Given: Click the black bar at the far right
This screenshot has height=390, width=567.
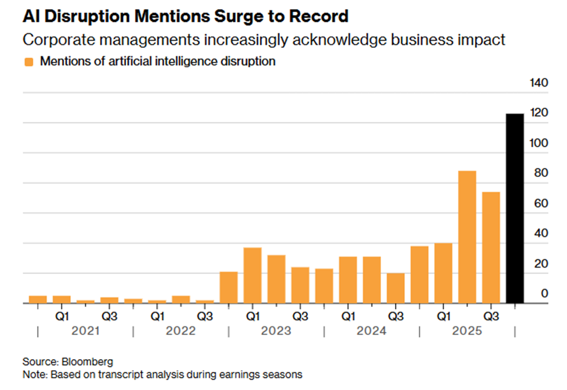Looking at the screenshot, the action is point(514,208).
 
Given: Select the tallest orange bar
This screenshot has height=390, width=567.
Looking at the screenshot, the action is point(467,237).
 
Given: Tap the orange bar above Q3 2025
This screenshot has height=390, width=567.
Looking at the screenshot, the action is point(491,248).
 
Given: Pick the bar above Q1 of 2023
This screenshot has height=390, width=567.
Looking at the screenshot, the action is point(253,276).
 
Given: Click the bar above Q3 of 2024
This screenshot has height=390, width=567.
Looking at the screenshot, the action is point(396,288).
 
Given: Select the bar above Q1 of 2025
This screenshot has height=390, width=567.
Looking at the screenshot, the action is point(443,273).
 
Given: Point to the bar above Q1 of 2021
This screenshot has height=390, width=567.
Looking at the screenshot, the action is point(61,300).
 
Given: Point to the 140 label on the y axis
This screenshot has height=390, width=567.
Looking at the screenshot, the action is point(539,83).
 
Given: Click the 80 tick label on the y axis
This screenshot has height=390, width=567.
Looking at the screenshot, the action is point(541,173).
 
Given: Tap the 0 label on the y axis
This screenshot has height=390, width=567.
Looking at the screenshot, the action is point(544,294).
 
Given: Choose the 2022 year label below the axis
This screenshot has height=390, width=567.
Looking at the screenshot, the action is point(181,331).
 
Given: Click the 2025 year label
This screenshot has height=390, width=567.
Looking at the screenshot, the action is point(467,331).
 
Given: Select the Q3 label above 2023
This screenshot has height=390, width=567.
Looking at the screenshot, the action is point(300,316).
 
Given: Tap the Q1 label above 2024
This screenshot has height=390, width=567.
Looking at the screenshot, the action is point(348,316).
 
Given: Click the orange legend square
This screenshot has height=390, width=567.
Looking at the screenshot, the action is point(29,62).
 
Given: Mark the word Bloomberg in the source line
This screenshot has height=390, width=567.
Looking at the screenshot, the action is point(87,362).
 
